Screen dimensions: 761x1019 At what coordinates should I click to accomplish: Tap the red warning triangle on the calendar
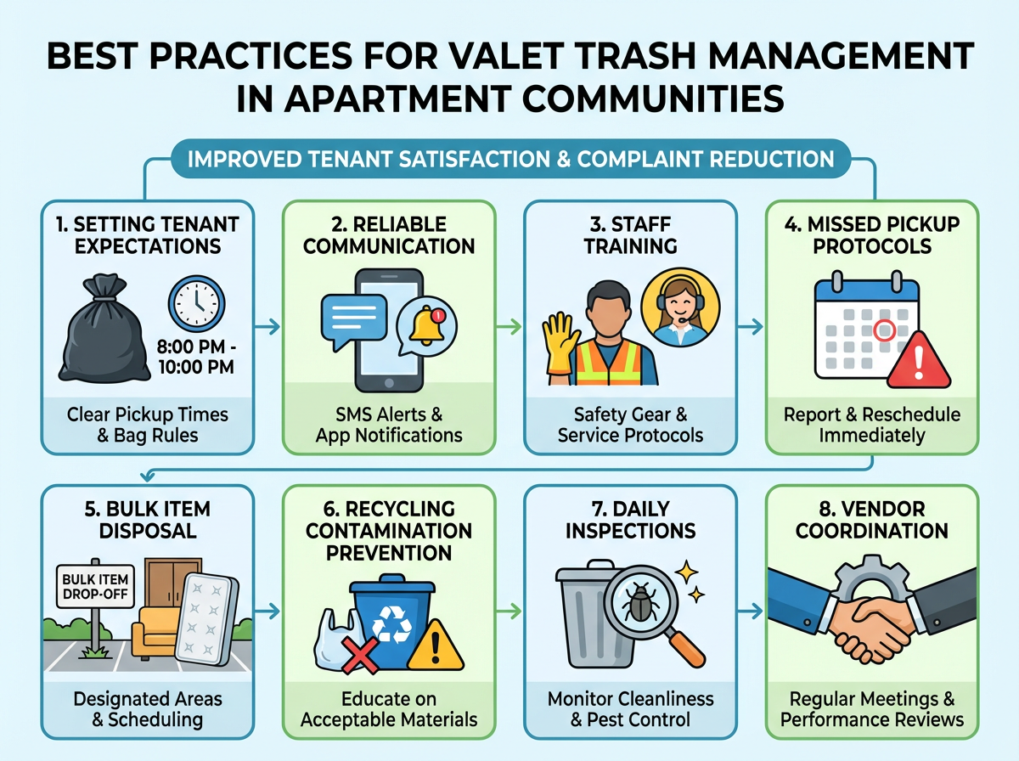pyautogui.click(x=920, y=357)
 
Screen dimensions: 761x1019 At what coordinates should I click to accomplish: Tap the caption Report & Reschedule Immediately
pyautogui.click(x=873, y=424)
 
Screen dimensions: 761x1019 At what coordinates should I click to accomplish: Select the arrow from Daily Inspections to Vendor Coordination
pyautogui.click(x=751, y=610)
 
